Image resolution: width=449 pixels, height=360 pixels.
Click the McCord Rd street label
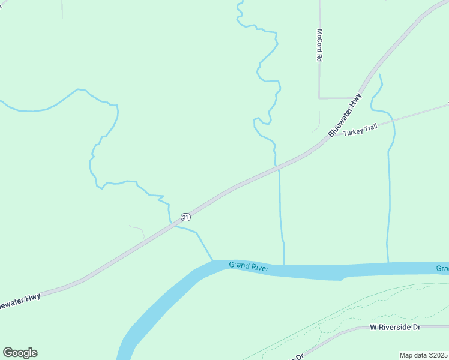320,46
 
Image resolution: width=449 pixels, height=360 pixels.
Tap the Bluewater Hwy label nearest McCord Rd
346,115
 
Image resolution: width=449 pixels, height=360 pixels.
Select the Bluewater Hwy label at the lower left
20,301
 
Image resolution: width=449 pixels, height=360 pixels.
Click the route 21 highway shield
185,217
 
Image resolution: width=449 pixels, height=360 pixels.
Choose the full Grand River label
249,266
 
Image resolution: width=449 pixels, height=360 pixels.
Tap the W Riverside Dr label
395,327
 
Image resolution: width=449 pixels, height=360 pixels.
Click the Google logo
20,353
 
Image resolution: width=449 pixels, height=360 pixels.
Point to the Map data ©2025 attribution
423,355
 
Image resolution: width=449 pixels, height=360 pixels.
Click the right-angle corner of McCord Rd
319,97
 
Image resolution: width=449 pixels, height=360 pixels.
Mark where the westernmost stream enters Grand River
213,262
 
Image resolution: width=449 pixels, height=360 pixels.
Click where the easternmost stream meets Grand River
388,263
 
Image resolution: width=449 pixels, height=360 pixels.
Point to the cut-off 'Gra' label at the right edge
442,268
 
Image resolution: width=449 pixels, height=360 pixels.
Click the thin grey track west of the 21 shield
137,229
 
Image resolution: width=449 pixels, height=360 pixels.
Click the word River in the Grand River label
259,268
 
